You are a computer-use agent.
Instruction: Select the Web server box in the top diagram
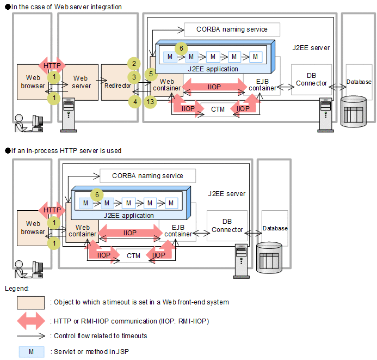82,82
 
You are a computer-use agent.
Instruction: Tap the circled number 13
151,101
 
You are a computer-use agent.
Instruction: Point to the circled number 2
134,63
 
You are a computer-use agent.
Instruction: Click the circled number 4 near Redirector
134,101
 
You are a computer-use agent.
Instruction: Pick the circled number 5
151,73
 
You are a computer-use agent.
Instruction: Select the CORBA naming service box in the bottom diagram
147,176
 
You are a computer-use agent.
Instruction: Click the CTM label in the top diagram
218,109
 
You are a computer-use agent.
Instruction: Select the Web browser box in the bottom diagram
33,228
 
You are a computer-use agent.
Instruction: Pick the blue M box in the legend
30,352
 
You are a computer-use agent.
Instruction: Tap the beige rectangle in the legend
30,302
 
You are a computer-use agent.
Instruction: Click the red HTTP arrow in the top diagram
52,65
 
